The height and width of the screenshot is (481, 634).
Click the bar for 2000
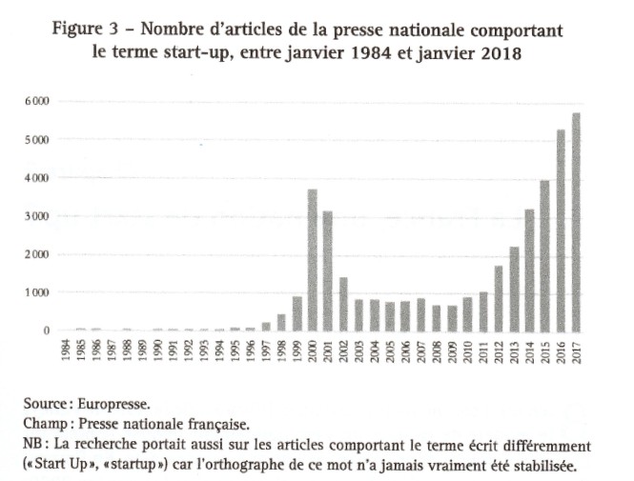click(313, 260)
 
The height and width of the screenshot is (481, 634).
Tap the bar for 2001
click(328, 271)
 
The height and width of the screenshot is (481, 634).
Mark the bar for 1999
click(297, 313)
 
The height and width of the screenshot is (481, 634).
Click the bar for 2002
click(343, 304)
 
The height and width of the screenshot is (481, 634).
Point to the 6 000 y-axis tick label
click(38, 101)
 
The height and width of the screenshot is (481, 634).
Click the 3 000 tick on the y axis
click(38, 216)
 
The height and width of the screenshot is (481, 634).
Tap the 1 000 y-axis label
click(38, 292)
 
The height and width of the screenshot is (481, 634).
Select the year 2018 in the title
click(498, 53)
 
